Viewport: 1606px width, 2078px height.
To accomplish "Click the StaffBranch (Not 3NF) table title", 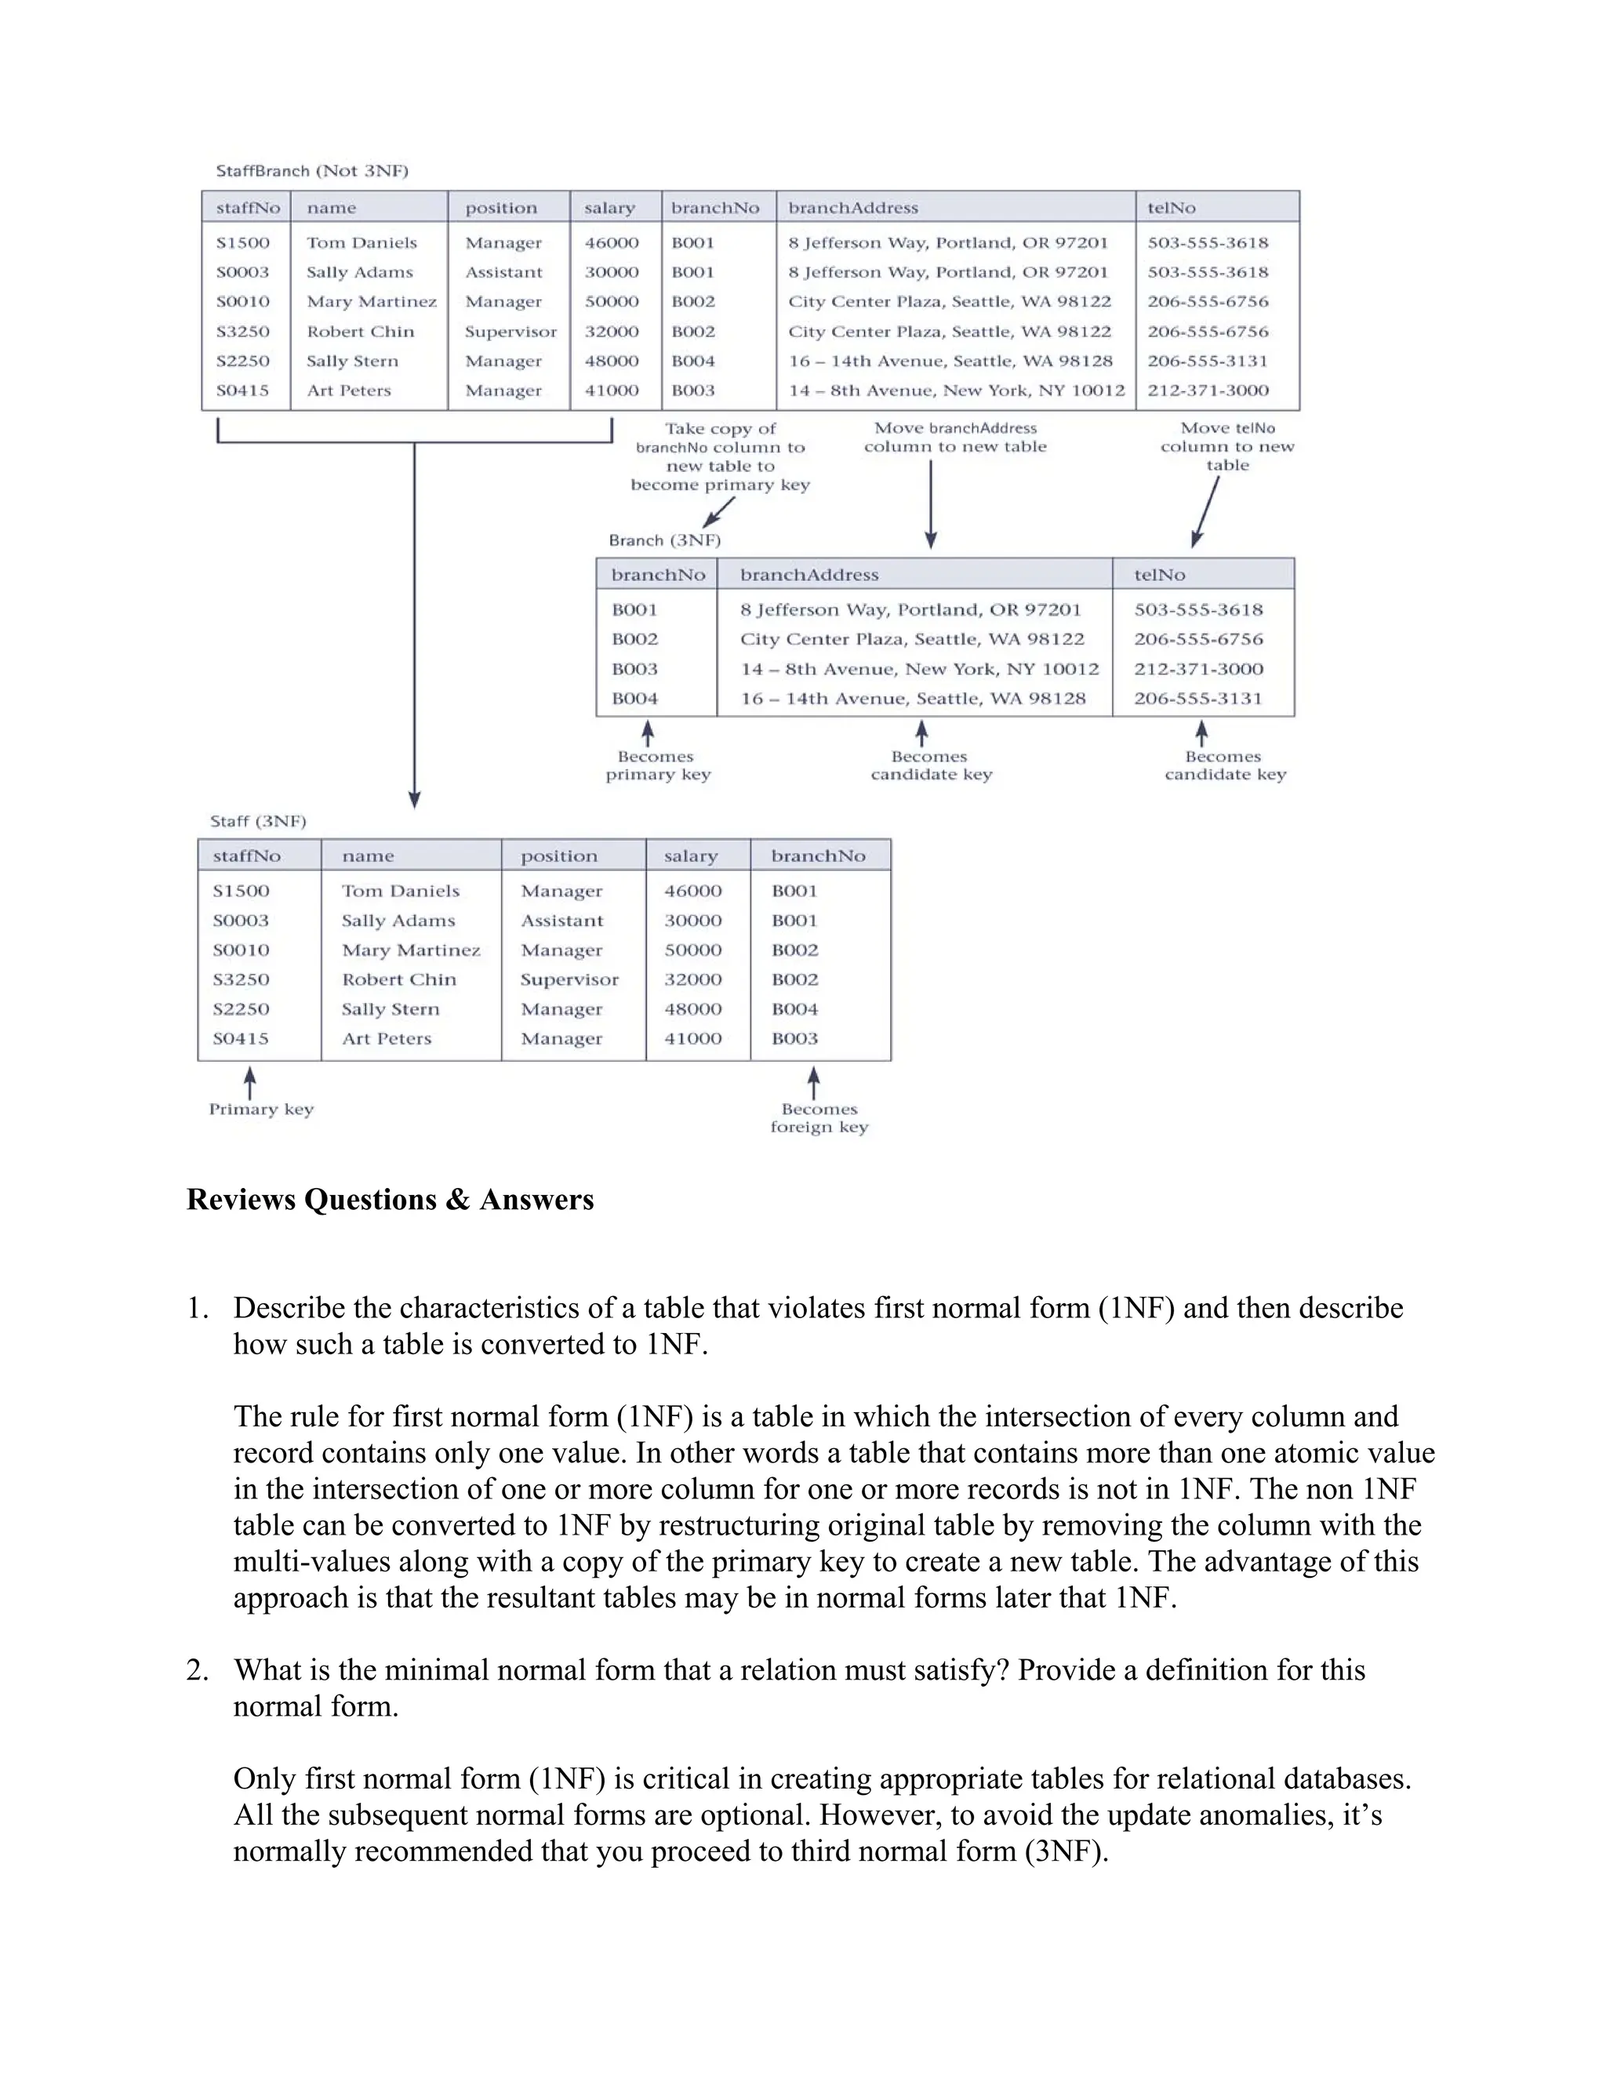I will (x=311, y=171).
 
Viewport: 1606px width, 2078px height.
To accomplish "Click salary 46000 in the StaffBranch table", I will (x=611, y=242).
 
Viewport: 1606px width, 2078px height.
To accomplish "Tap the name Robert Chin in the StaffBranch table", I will (x=360, y=331).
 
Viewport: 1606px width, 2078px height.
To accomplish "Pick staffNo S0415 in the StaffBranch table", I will (x=242, y=390).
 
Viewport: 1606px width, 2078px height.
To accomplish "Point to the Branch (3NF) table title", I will (x=664, y=540).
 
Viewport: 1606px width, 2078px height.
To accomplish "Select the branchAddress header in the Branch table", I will (x=808, y=575).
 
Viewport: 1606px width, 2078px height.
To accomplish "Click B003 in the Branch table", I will (x=634, y=669).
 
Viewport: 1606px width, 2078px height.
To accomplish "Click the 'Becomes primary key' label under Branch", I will (x=657, y=765).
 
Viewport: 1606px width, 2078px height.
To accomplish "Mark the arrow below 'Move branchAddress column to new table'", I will (x=931, y=504).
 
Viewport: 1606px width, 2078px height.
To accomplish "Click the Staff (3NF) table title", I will (x=258, y=821).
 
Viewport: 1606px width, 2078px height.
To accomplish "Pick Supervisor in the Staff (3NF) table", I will (x=569, y=979).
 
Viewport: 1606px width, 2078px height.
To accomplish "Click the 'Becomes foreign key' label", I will (x=819, y=1118).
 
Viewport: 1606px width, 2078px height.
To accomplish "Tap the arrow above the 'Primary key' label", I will (x=249, y=1083).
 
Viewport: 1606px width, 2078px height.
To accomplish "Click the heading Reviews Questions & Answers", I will (x=389, y=1199).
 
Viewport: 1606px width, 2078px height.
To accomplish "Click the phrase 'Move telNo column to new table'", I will (x=1226, y=446).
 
